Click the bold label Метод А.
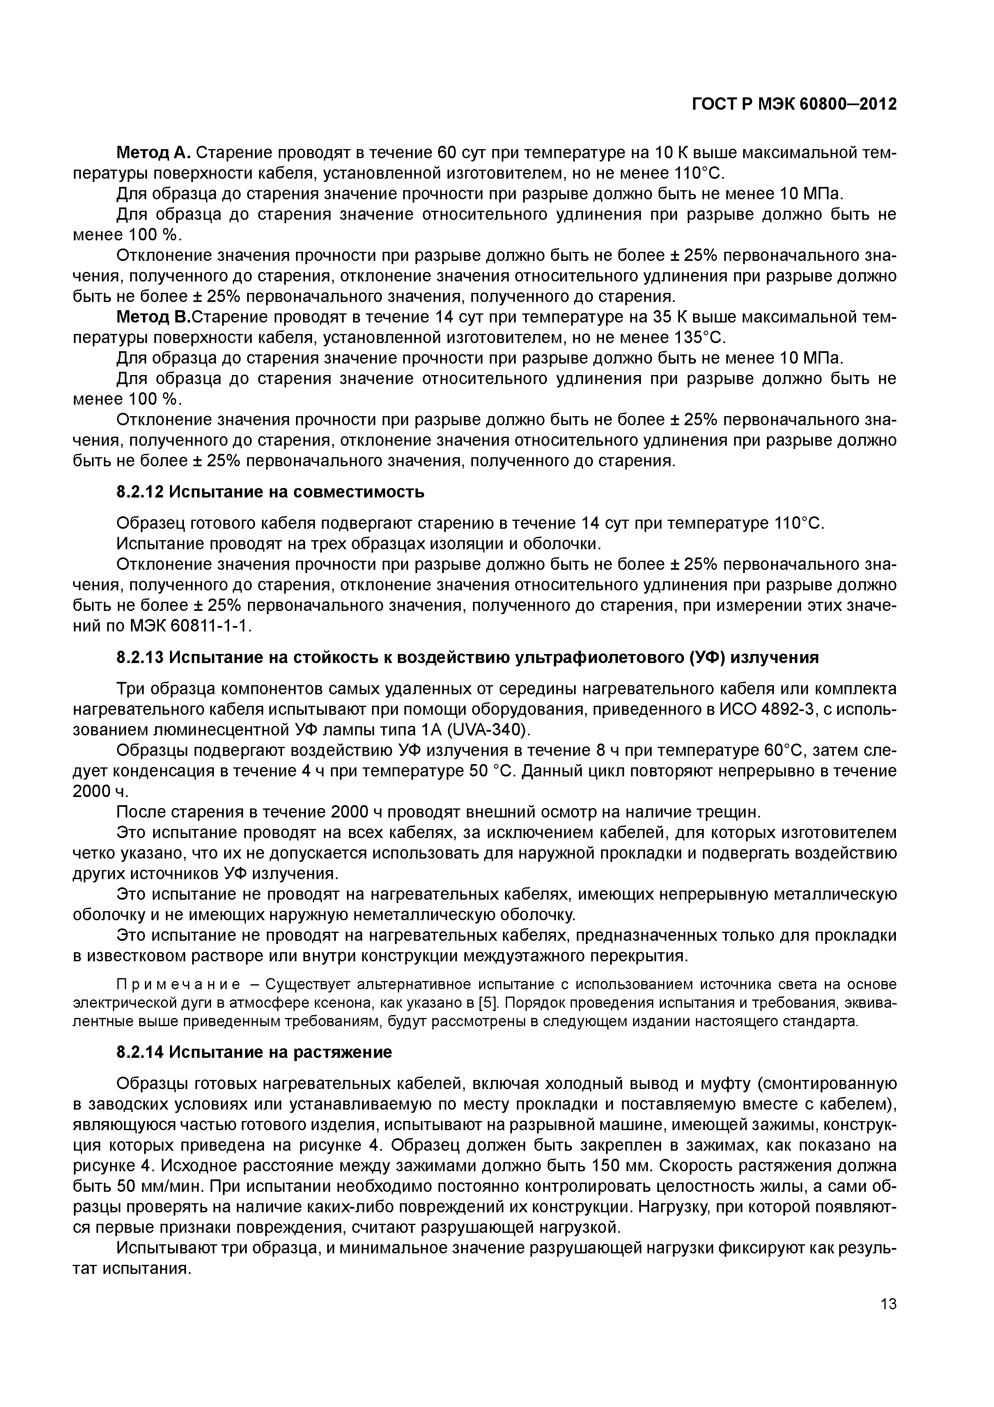click(x=154, y=152)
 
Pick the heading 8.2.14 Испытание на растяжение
click(x=254, y=1052)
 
